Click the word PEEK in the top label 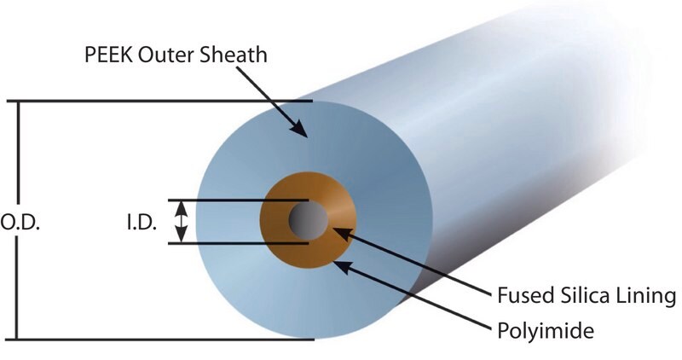point(108,55)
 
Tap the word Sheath point(234,55)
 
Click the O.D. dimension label point(20,223)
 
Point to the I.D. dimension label point(142,223)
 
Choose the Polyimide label point(546,331)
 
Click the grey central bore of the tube point(309,220)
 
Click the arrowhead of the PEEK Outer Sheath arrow point(300,129)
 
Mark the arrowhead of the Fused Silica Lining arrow point(343,233)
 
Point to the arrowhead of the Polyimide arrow point(343,266)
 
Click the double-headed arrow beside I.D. point(182,222)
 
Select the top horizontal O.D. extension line point(159,101)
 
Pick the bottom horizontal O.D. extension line point(159,340)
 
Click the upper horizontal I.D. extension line point(239,200)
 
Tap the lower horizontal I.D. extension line point(239,243)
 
